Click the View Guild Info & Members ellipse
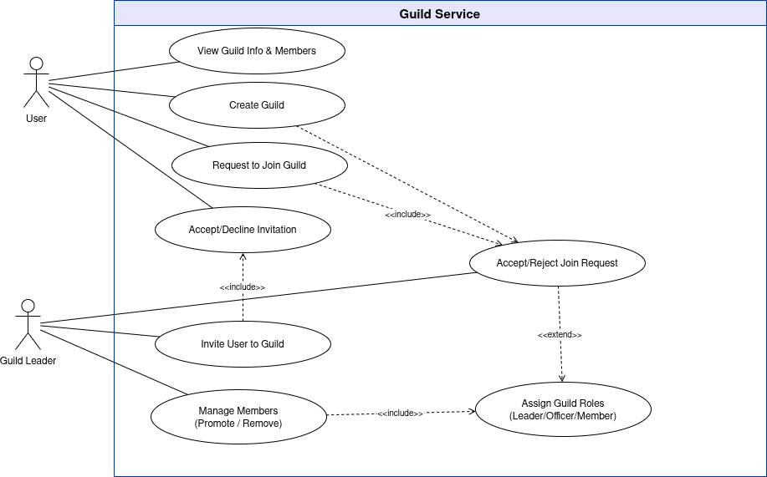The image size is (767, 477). tap(257, 51)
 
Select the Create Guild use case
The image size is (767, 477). tap(257, 105)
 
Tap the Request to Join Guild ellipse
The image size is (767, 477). tap(259, 165)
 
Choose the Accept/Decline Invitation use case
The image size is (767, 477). tap(243, 230)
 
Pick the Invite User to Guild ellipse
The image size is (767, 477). tap(243, 344)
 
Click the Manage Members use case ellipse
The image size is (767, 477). tap(238, 417)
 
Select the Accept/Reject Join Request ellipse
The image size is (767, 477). tap(557, 263)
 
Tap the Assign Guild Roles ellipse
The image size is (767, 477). tap(563, 409)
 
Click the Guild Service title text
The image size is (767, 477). tap(439, 13)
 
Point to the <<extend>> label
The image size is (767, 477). tap(560, 335)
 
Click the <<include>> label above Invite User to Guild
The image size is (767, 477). tap(243, 287)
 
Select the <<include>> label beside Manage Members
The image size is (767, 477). tap(401, 414)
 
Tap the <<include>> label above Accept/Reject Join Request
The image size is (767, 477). tap(407, 215)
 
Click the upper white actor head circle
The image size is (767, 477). tap(36, 63)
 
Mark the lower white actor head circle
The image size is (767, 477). tap(28, 306)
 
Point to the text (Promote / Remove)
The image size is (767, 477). tap(238, 424)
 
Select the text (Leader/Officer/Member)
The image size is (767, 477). tap(563, 416)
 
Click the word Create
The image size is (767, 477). tap(244, 105)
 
